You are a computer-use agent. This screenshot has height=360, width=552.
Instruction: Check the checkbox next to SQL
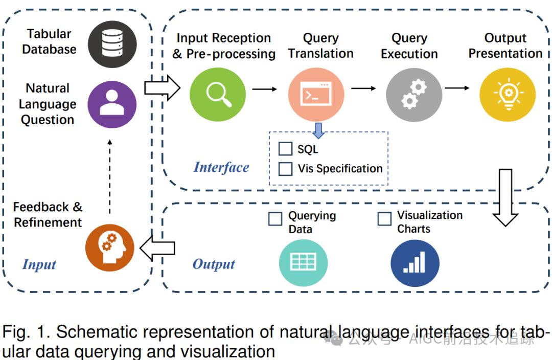(285, 149)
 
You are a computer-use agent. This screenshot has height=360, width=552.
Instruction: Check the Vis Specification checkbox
(285, 169)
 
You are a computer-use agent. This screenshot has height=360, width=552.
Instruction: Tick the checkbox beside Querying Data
(275, 219)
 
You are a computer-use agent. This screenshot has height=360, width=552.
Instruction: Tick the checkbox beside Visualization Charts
(384, 219)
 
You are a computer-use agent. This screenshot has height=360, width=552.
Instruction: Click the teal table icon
(303, 262)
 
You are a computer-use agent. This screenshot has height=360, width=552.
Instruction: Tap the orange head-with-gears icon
(109, 247)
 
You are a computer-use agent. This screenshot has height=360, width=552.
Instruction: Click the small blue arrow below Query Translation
(318, 130)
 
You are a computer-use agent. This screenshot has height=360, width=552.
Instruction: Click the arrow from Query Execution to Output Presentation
(457, 88)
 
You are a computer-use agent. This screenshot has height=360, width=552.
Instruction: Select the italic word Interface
(221, 167)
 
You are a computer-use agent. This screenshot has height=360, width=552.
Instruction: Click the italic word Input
(39, 264)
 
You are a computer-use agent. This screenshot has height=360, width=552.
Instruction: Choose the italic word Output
(214, 264)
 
